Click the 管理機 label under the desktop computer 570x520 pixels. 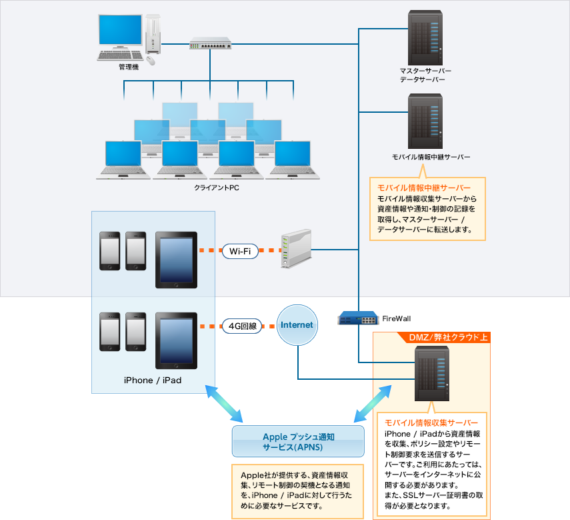tap(128, 67)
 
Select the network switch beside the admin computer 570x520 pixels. tap(210, 43)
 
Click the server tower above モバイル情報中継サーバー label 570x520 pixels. tap(421, 121)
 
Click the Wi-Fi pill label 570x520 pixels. tap(239, 252)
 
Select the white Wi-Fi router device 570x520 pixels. tap(295, 249)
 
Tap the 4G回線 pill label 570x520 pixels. tap(241, 326)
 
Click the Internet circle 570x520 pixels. tap(297, 325)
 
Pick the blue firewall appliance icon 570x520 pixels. tap(357, 318)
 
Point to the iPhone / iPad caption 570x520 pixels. tap(153, 380)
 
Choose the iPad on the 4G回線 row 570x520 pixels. tap(176, 340)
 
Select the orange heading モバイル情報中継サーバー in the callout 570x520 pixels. tap(424, 188)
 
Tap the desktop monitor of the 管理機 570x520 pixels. tap(120, 33)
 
